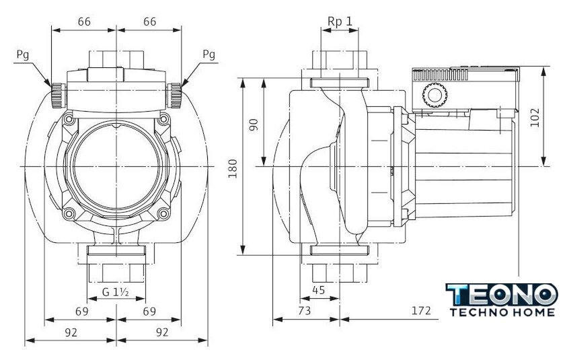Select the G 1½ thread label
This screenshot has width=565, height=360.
point(116,293)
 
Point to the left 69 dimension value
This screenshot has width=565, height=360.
point(81,312)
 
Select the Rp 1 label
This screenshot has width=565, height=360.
point(340,21)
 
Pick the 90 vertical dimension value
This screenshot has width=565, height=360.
point(254,124)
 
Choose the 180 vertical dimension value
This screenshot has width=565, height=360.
point(232,168)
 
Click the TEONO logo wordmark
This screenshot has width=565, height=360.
point(502,295)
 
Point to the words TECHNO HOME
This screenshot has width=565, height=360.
point(502,312)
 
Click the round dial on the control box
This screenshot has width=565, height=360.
point(434,96)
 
